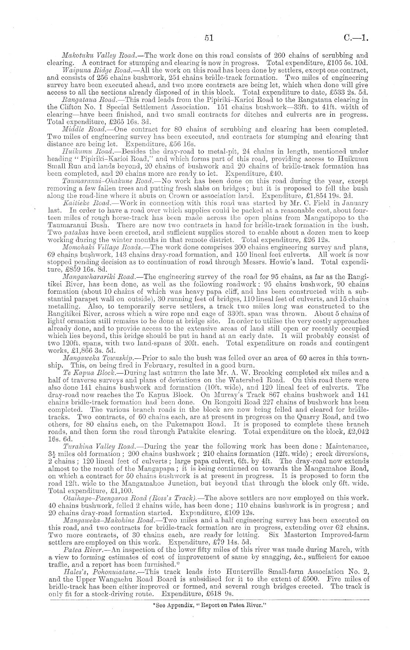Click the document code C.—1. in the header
(x=357, y=37)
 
